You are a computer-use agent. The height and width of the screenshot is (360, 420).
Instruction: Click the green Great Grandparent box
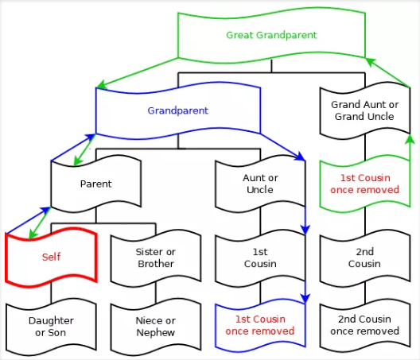coord(271,36)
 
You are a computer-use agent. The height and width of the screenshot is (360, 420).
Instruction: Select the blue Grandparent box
coord(177,110)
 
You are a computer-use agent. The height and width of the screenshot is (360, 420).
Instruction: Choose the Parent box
coord(95,184)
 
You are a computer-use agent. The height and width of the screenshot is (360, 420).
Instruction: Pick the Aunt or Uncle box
coord(259,184)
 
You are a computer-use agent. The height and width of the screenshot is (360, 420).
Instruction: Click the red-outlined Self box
coord(50,257)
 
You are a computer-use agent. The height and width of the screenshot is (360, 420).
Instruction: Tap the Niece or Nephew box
coord(155,326)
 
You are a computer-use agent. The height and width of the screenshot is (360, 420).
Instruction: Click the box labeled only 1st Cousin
coord(259,257)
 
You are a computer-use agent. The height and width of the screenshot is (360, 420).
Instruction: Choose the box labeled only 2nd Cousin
coord(364,257)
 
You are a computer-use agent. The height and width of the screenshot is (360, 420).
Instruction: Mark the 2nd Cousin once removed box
coord(364,326)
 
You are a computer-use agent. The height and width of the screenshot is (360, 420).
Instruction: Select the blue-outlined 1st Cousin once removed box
coord(259,326)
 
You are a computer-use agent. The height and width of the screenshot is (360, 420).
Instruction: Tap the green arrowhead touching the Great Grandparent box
coord(368,61)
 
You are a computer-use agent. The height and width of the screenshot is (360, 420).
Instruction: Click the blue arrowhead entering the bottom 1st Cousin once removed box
coord(304,299)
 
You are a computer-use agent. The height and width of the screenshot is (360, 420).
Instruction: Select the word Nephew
coord(155,331)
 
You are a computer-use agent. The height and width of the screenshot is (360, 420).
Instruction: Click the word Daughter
coord(51,320)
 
